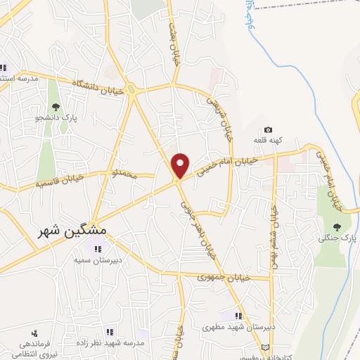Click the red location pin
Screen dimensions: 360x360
coord(181,165)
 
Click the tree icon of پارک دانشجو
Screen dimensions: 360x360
coord(56,106)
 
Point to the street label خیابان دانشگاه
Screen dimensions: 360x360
coord(98,86)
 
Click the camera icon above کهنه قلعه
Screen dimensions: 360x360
coord(268,130)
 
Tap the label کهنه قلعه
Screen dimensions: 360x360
coord(268,141)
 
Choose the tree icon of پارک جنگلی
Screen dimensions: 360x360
coord(336,227)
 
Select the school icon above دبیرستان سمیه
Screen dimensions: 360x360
coord(99,247)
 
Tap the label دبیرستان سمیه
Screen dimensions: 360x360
coord(98,258)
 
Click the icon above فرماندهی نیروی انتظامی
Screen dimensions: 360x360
coord(34,333)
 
